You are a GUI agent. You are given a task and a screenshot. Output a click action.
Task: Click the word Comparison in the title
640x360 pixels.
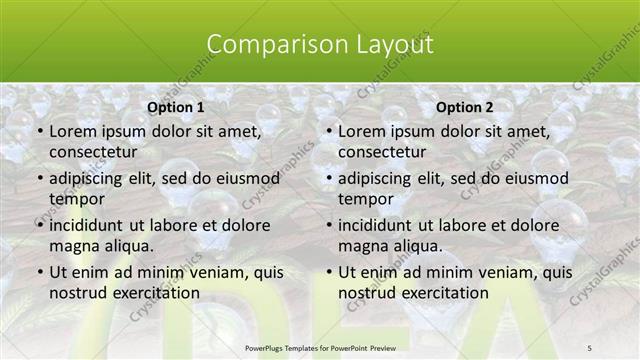tap(263, 45)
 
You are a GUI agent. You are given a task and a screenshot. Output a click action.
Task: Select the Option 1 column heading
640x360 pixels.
tap(175, 107)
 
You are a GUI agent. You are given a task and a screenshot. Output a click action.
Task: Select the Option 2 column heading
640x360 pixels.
tap(465, 107)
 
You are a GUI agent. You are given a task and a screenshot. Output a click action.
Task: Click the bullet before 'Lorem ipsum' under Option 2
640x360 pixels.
tap(328, 131)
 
